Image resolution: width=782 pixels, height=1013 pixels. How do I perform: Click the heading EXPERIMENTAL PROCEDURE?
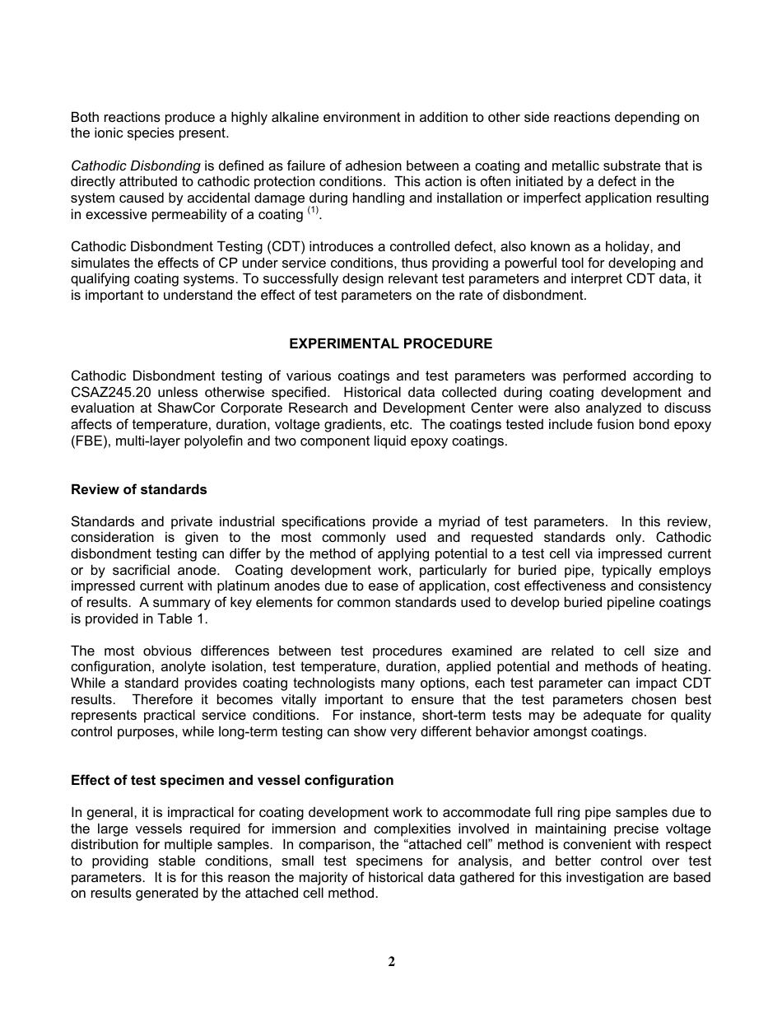[391, 343]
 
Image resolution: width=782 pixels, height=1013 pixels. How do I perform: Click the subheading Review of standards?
[138, 489]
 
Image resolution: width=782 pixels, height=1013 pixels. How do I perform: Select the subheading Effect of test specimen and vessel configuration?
[232, 780]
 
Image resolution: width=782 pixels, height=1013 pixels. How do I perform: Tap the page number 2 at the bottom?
[391, 961]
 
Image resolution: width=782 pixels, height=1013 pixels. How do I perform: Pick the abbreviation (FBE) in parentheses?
[90, 441]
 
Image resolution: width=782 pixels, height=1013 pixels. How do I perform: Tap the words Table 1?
[184, 619]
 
